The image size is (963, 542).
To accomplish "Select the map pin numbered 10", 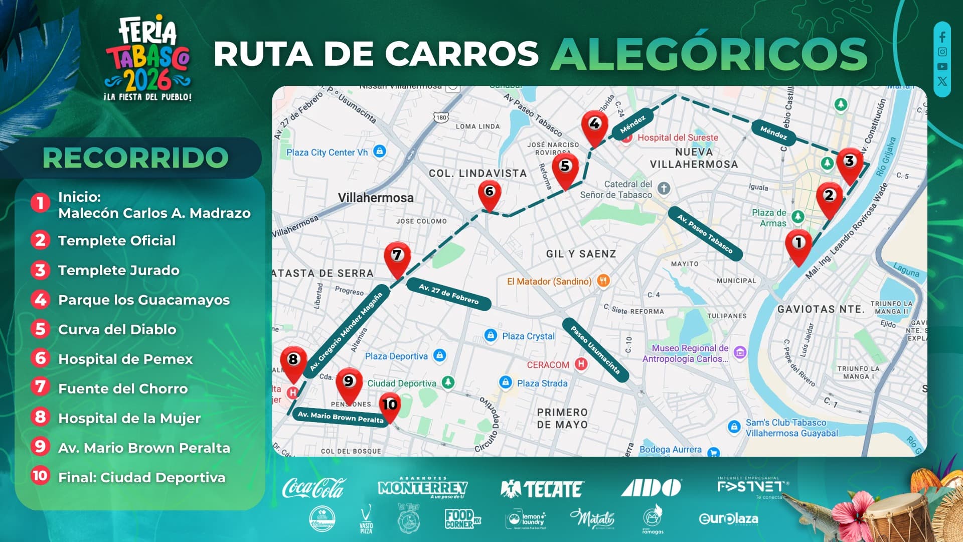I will [390, 405].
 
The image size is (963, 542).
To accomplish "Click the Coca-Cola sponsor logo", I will [313, 488].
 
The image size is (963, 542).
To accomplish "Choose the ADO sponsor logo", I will [651, 487].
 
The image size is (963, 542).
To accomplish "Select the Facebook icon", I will [942, 37].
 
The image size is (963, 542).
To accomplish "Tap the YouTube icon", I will [942, 66].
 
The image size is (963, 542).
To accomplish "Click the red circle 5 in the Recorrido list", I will [40, 329].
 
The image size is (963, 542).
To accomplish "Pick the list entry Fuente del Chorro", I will [123, 388].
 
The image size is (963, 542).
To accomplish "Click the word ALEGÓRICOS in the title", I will [708, 54].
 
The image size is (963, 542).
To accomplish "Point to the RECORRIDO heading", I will [135, 158].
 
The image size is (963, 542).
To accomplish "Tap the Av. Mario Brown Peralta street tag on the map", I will [341, 417].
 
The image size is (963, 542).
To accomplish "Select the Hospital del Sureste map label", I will [677, 138].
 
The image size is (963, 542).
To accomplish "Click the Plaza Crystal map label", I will [528, 336].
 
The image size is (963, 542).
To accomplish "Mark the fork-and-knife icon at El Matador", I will [603, 281].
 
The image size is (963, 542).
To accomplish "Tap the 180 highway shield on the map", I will [441, 117].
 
